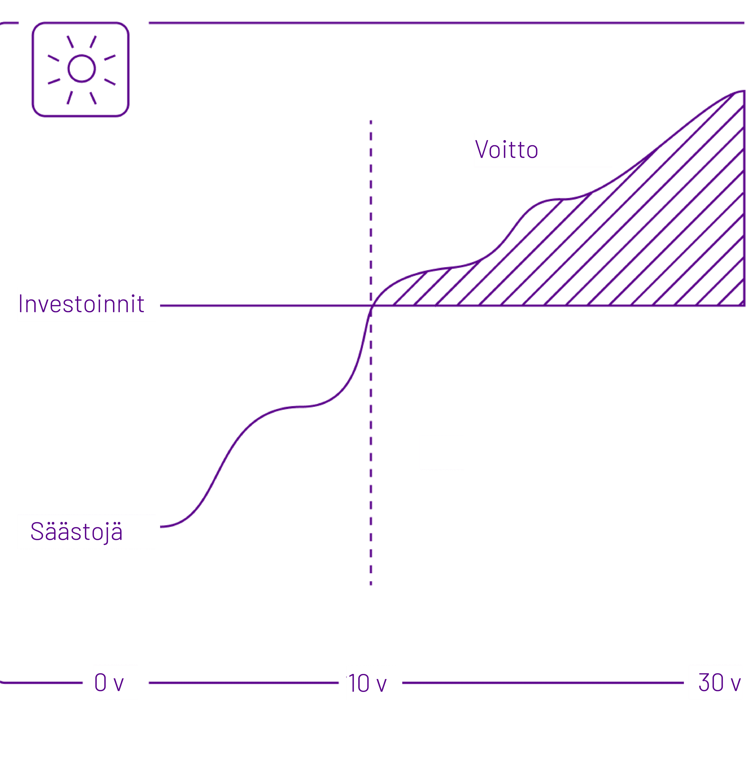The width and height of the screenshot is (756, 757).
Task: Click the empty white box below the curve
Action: click(x=442, y=452)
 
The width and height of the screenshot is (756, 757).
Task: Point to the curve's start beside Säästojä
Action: click(x=162, y=527)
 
